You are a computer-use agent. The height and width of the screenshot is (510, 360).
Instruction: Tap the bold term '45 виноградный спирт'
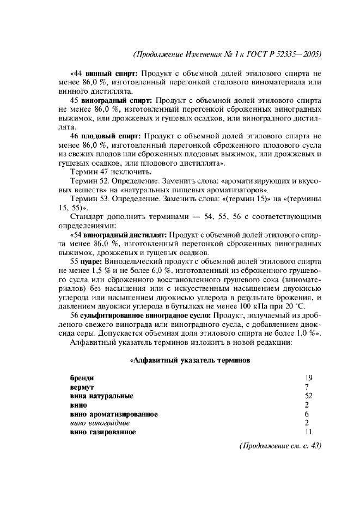tap(113, 100)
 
